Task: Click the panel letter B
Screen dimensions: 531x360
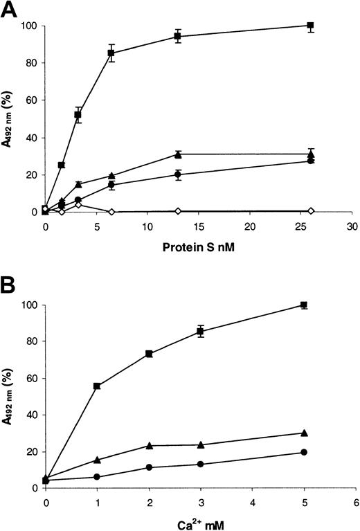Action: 9,285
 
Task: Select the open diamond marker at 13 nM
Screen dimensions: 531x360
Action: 178,210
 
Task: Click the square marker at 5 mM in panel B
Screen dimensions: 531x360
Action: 304,305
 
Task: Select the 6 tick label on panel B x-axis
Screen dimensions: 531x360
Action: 355,502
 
